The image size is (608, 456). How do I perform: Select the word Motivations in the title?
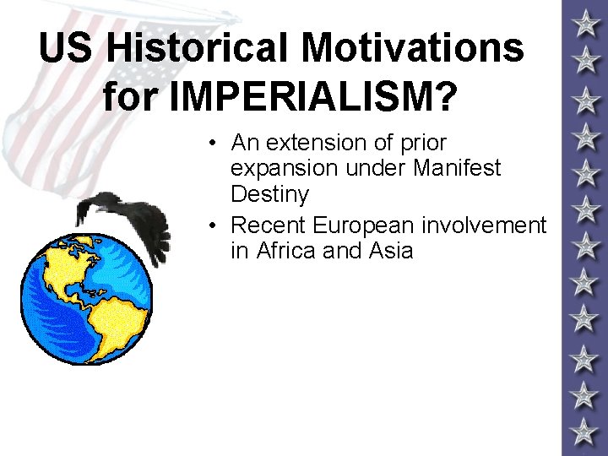tap(413, 48)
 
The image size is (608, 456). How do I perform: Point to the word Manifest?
tap(459, 168)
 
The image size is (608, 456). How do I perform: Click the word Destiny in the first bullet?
tap(269, 194)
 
